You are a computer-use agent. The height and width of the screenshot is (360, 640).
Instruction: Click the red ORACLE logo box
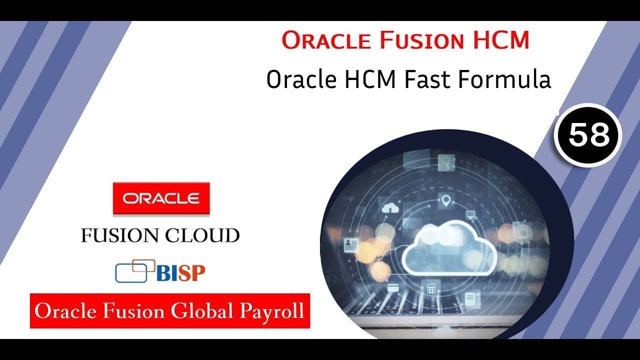(161, 198)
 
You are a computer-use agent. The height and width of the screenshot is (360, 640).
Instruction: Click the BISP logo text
(181, 272)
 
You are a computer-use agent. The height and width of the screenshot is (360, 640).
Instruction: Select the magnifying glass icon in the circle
(444, 161)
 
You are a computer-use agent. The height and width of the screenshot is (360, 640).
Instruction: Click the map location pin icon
(446, 201)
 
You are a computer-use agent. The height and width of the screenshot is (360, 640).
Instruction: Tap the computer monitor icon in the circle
(470, 215)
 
